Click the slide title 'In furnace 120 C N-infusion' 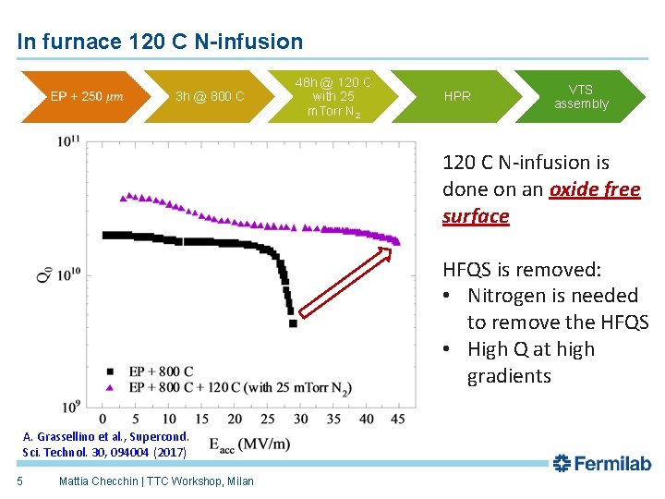point(160,42)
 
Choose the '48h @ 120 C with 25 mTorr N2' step point(333,97)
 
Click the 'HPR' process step point(457,96)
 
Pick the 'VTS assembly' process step point(581,96)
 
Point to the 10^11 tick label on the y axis point(68,141)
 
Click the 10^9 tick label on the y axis point(70,406)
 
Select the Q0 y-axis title point(43,274)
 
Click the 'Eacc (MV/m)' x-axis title point(249,444)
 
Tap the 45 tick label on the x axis point(397,420)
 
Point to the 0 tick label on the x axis point(102,420)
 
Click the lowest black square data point point(293,323)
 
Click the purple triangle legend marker point(112,387)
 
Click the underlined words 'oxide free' point(594,189)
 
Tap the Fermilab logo point(601,463)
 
